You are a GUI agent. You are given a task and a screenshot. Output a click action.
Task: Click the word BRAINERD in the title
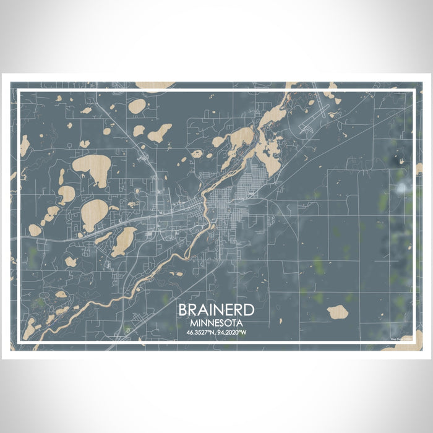point(216,310)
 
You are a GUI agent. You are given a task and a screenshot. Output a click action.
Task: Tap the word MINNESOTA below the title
point(216,323)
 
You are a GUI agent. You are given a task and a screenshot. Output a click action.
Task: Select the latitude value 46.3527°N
point(199,333)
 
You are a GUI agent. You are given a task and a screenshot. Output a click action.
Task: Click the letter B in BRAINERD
point(184,310)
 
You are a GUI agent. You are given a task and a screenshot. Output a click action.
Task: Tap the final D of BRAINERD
point(249,310)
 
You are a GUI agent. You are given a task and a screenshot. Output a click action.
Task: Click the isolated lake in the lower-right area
point(338,312)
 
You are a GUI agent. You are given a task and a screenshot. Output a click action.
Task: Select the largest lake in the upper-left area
point(92,169)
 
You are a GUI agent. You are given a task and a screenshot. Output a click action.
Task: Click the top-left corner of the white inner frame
point(19,90)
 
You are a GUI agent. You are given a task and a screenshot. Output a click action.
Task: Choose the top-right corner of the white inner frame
point(413,90)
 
